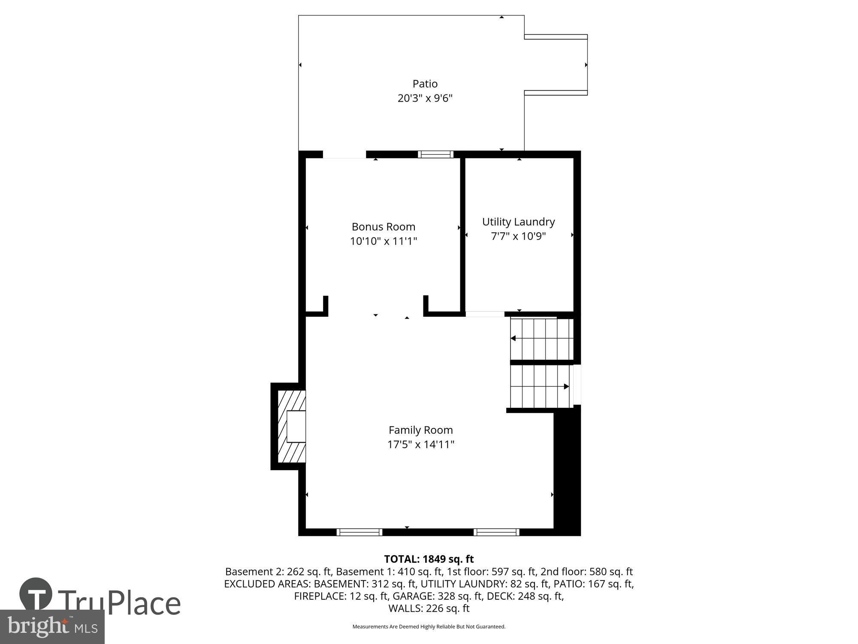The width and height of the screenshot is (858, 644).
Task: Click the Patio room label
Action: [x=425, y=84]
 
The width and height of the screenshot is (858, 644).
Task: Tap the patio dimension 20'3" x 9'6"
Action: [x=425, y=98]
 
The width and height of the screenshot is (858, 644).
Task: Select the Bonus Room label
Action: [x=383, y=227]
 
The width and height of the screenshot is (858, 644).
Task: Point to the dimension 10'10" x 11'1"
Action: [x=383, y=241]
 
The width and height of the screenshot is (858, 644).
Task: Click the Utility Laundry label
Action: [x=518, y=222]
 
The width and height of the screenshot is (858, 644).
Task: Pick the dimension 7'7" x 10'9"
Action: [x=518, y=236]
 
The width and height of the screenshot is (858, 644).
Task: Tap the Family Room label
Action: [x=420, y=430]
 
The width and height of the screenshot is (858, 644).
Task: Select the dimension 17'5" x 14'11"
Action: [x=420, y=444]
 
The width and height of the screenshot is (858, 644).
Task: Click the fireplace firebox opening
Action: [x=296, y=426]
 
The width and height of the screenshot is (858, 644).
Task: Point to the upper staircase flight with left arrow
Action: [x=541, y=339]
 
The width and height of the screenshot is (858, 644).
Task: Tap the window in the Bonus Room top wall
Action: [x=435, y=154]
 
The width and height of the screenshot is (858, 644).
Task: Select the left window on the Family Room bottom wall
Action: [x=359, y=532]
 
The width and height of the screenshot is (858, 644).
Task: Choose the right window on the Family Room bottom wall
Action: [x=496, y=532]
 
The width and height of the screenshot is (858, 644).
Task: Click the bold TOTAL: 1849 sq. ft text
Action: [x=429, y=559]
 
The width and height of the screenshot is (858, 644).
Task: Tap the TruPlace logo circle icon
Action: [x=36, y=595]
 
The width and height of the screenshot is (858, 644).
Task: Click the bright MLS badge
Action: [x=52, y=627]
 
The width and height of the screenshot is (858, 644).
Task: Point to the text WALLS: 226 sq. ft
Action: [x=429, y=608]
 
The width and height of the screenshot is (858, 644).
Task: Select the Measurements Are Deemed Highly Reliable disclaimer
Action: [x=429, y=627]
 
